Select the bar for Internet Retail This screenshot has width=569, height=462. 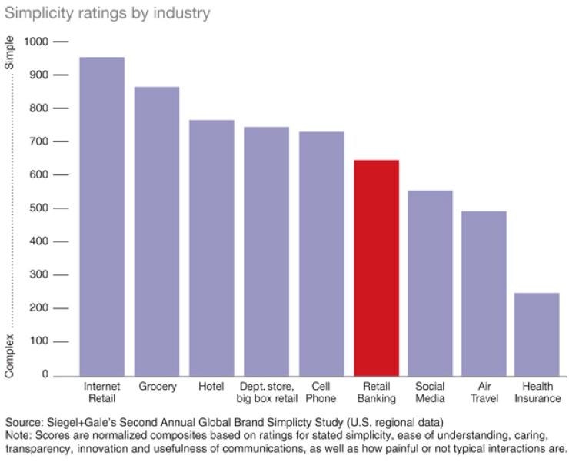pos(102,216)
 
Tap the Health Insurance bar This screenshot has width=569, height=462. pos(537,334)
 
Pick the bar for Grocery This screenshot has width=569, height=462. pos(157,231)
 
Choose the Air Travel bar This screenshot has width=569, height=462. pos(484,293)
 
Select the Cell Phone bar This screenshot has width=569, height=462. pos(321,253)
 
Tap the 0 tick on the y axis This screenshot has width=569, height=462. pos(46,375)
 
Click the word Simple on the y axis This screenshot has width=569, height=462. pos(10,54)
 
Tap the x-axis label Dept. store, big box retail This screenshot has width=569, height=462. pos(266,393)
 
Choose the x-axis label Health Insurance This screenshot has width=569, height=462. pos(537,393)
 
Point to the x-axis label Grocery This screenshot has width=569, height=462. pos(158,387)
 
